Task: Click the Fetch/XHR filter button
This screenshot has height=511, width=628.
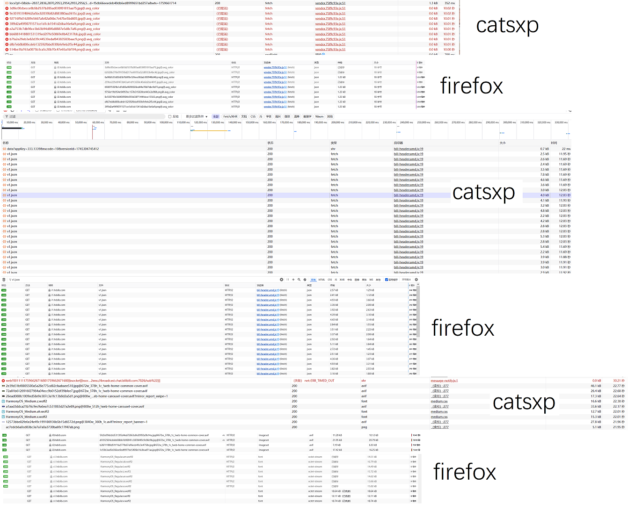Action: click(x=230, y=116)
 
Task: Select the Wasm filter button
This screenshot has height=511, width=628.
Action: click(x=319, y=116)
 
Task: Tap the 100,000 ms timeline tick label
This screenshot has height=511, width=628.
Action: click(x=166, y=122)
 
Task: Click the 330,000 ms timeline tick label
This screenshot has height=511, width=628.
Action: click(x=561, y=122)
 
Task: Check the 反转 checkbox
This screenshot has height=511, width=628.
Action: click(x=170, y=116)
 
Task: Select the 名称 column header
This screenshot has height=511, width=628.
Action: click(x=6, y=143)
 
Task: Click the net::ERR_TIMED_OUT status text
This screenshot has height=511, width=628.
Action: click(x=320, y=381)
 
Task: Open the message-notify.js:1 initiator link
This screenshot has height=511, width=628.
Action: click(x=444, y=381)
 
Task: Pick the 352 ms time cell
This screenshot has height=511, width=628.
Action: click(x=449, y=3)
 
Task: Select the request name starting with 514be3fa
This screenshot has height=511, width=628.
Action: click(x=54, y=50)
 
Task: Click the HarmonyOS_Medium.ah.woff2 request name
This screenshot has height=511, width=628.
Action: click(x=27, y=411)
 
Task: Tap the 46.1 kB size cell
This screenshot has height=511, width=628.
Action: click(x=596, y=386)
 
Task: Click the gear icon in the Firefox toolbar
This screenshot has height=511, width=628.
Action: click(x=416, y=280)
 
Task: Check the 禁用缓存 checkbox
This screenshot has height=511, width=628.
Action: click(x=387, y=280)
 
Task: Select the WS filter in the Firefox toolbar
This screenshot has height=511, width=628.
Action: click(x=371, y=280)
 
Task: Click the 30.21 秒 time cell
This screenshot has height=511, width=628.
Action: click(x=618, y=381)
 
